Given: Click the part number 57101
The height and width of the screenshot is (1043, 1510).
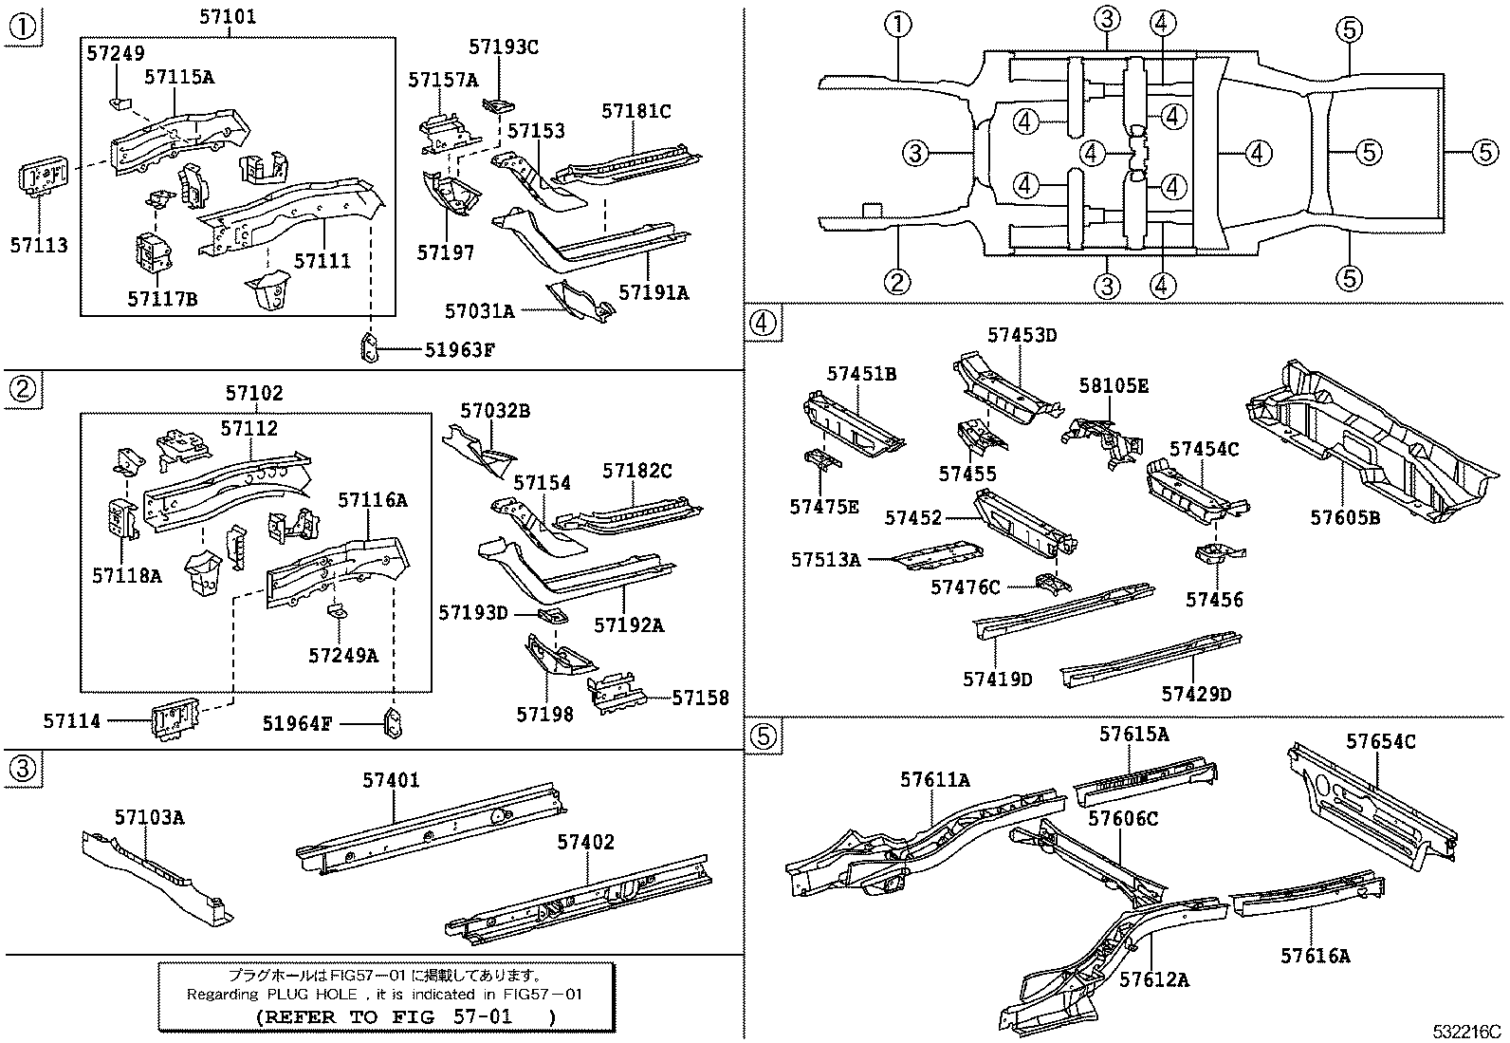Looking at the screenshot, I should click(x=228, y=17).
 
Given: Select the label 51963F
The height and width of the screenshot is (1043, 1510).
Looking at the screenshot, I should click(x=460, y=349).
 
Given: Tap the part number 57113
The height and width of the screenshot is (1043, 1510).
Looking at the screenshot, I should click(x=40, y=245).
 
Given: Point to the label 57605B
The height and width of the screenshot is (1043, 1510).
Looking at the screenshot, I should click(x=1345, y=517).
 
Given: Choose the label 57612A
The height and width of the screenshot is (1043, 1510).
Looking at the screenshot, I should click(x=1153, y=978).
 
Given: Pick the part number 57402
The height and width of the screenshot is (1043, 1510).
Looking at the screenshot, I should click(x=585, y=842).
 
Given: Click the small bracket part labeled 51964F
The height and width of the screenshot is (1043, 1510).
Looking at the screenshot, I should click(x=393, y=723).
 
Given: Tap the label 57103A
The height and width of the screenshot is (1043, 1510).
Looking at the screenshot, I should click(x=149, y=817).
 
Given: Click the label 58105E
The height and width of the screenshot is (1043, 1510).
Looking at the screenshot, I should click(x=1114, y=385).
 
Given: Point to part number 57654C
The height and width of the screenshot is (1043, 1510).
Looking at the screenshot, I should click(x=1381, y=740).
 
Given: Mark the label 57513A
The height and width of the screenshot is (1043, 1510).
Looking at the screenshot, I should click(x=826, y=560).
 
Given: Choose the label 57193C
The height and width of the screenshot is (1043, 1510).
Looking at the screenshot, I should click(x=503, y=47).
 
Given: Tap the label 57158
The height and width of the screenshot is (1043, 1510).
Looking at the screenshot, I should click(x=700, y=698).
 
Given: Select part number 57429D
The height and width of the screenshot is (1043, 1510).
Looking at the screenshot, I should click(x=1196, y=694).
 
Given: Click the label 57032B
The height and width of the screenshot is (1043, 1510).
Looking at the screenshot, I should click(x=495, y=411).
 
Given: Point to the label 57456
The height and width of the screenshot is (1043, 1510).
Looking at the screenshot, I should click(x=1214, y=599).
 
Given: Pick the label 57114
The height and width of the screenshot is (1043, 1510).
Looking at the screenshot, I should click(x=71, y=722).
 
